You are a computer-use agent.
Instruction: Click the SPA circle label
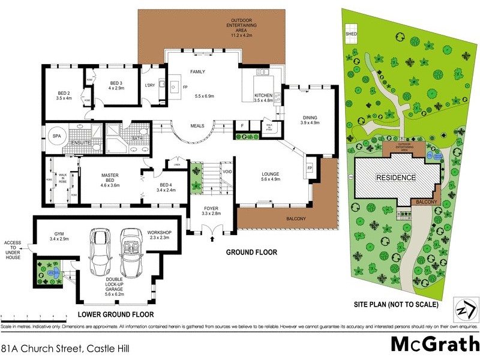pos(56,135)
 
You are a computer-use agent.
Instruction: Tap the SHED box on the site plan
pos(351,34)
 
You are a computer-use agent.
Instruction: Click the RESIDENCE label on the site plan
pos(395,178)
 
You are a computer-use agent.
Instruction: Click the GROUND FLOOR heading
pos(251,253)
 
